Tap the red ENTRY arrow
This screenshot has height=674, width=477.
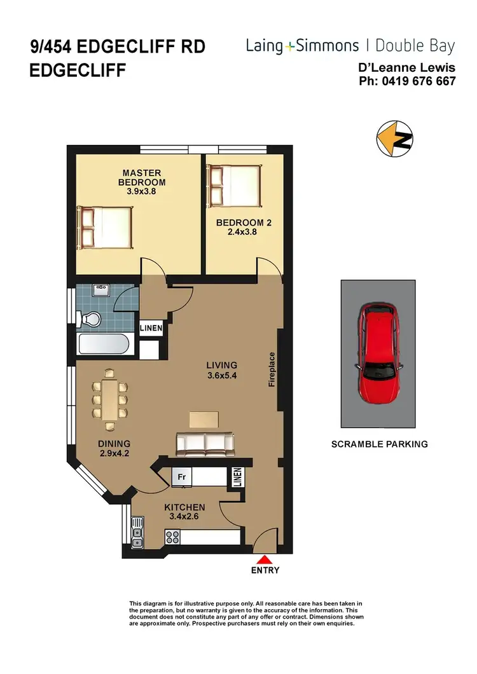click(265, 560)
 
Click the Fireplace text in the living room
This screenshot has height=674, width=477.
click(272, 369)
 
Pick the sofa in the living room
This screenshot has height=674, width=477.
click(205, 444)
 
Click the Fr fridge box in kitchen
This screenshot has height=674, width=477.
click(181, 477)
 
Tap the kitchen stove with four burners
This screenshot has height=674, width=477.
click(174, 537)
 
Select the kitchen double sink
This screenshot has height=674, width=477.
click(137, 533)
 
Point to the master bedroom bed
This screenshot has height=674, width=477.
click(106, 228)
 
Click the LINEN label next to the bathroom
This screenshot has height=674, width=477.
click(151, 329)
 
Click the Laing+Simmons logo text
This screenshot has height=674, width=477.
click(303, 46)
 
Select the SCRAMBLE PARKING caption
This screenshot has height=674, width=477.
click(379, 444)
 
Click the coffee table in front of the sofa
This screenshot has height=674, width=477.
click(204, 418)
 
